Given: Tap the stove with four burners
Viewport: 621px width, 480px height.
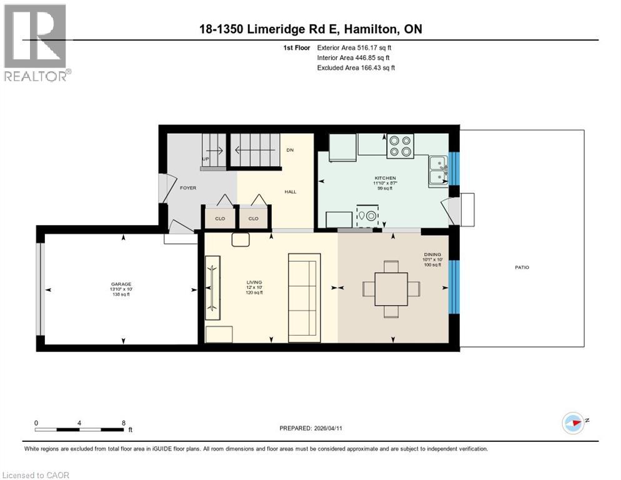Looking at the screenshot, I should point(400,146).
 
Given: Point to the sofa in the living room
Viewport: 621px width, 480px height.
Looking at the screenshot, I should point(304,297).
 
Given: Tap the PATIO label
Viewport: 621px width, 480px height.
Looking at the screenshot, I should point(522,267).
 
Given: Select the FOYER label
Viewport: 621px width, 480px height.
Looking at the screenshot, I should point(188,187).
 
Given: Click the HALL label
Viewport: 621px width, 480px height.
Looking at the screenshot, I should point(291,192).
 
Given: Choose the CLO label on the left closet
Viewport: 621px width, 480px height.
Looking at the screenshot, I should point(219,219).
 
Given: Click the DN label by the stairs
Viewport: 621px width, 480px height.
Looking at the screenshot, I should point(290,151).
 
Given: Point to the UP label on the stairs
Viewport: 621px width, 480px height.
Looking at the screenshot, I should point(205,159).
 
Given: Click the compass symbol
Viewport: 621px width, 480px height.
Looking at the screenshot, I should point(572,422).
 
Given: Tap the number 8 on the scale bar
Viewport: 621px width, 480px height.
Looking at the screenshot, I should point(124,422).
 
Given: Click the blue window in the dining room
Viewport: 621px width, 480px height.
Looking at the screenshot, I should point(454,286).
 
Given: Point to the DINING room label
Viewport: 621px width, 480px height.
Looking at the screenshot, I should point(432,254).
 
